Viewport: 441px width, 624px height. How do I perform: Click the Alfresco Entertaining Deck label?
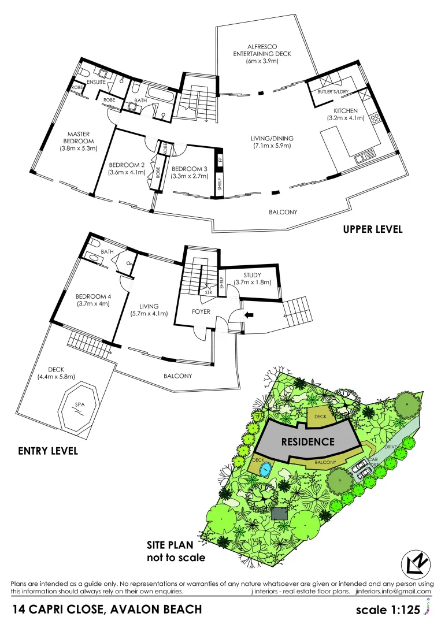coord(262,50)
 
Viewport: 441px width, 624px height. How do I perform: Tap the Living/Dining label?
coord(272,138)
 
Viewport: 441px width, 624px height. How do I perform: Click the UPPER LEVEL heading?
coord(372,229)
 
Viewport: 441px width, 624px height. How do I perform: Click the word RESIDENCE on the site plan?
coord(307,442)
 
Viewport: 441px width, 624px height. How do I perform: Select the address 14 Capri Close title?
coord(108,609)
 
